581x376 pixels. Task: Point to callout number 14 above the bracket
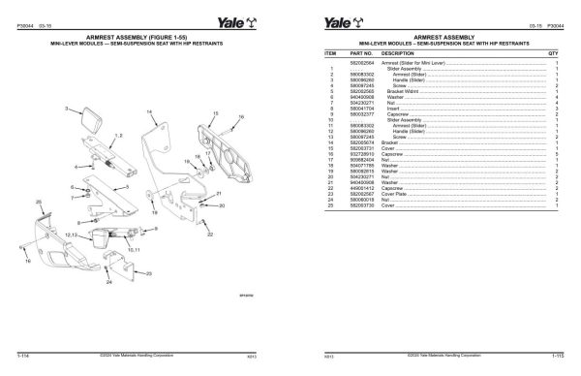click(149, 111)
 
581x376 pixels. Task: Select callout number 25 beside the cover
click(38, 200)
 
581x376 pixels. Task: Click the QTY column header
click(552, 53)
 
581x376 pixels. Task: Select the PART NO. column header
click(361, 53)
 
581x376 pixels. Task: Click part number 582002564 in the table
click(361, 62)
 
